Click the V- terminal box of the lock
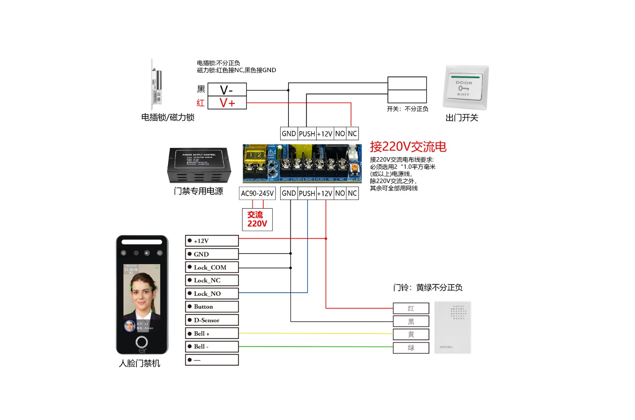(x=227, y=90)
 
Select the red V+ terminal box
(x=227, y=103)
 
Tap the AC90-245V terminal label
(x=257, y=194)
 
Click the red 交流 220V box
(x=257, y=219)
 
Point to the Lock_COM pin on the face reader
(x=212, y=267)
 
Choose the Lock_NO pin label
(x=212, y=293)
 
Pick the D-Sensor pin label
(x=212, y=320)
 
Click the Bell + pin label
(x=212, y=334)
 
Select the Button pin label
(x=212, y=307)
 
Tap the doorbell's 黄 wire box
(x=411, y=334)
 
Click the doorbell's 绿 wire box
(x=411, y=348)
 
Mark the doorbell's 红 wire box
(x=411, y=308)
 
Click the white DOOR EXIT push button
(x=464, y=88)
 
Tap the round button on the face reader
(x=142, y=341)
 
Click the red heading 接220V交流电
(x=408, y=147)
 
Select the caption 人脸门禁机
(x=139, y=363)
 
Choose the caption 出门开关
(x=462, y=118)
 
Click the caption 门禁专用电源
(x=198, y=191)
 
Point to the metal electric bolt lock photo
(x=156, y=84)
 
